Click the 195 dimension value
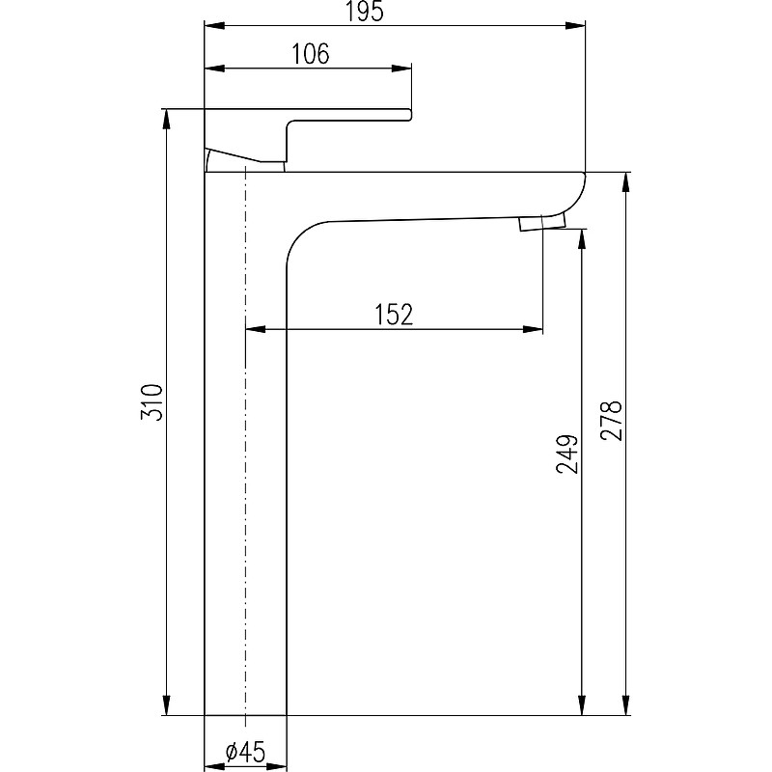[x=365, y=12]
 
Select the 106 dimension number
[x=311, y=54]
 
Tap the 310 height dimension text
[x=152, y=402]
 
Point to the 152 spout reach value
[x=394, y=315]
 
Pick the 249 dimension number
[x=567, y=454]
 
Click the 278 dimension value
[x=612, y=421]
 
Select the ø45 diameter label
[x=245, y=752]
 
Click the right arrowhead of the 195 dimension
[x=575, y=26]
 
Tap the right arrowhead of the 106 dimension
[x=401, y=69]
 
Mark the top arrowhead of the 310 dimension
[x=167, y=119]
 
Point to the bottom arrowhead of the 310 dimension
[x=167, y=704]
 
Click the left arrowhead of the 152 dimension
[x=255, y=329]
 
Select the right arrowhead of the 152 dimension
[x=533, y=329]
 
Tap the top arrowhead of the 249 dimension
[x=582, y=238]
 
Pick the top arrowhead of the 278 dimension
[x=625, y=182]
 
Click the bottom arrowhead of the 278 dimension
[x=625, y=704]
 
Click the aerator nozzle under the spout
[x=542, y=222]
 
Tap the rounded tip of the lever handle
[x=408, y=114]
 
